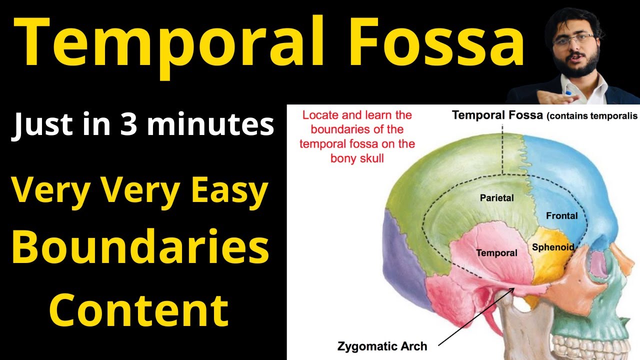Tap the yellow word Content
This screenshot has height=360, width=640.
140,309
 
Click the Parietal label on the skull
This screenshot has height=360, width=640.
496,197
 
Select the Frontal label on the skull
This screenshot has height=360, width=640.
561,216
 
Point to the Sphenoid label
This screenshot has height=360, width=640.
552,247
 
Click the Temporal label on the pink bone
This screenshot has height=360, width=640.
496,253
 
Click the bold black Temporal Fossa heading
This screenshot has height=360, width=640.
497,115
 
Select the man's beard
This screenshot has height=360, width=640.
575,67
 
